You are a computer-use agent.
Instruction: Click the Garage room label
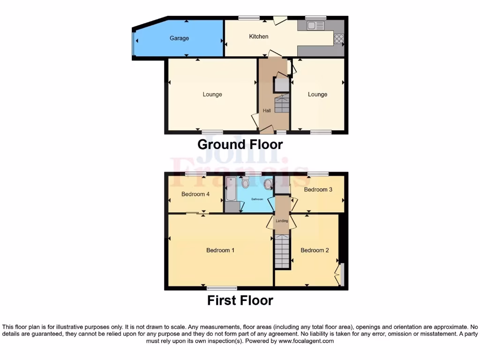pos(179,38)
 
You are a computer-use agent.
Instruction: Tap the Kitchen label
pos(259,36)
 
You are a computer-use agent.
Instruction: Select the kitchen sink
pos(313,26)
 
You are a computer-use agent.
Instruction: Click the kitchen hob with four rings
pos(339,39)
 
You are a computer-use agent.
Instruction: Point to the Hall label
pos(267,111)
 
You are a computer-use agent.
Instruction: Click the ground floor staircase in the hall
pos(282,105)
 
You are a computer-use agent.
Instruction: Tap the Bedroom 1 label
pos(220,250)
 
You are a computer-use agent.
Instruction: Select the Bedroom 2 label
pos(315,250)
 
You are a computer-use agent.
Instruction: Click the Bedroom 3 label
pos(318,189)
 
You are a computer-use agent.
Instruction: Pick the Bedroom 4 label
pos(195,194)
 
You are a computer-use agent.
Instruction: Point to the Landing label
pos(282,221)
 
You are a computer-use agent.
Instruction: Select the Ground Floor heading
pos(240,144)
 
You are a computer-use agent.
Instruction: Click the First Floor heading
pos(240,300)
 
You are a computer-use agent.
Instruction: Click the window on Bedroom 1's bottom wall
pos(222,288)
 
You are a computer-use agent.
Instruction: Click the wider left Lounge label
pos(212,95)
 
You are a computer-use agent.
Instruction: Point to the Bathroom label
pos(257,199)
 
